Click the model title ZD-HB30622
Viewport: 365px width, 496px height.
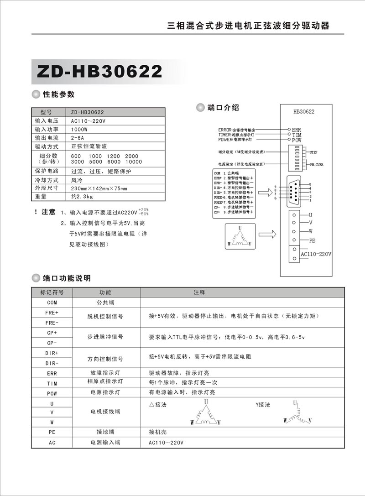99,71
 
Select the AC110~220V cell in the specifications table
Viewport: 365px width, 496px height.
89,121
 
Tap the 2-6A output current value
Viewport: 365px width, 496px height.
78,138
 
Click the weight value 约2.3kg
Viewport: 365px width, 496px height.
82,197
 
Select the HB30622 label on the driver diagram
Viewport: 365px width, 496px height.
304,111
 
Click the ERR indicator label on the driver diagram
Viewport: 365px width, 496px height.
297,130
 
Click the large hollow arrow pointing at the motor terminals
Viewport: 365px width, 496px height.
271,234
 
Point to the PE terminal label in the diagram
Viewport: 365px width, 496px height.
312,240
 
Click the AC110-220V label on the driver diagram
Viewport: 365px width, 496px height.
315,254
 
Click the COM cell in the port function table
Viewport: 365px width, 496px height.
52,302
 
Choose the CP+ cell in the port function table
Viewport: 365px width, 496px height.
52,332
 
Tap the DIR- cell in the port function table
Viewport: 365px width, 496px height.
52,363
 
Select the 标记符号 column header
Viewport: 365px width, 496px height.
52,292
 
